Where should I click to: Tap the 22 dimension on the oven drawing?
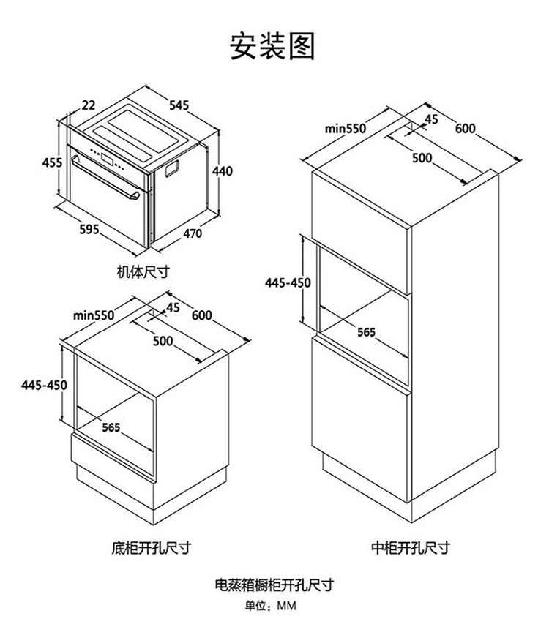pyautogui.click(x=88, y=105)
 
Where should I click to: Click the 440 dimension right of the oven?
pyautogui.click(x=222, y=171)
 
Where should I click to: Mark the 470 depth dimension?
pyautogui.click(x=192, y=234)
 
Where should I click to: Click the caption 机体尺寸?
pyautogui.click(x=143, y=271)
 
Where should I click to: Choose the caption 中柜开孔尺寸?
pyautogui.click(x=410, y=547)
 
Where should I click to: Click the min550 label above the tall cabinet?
pyautogui.click(x=345, y=129)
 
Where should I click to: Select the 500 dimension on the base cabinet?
pyautogui.click(x=163, y=341)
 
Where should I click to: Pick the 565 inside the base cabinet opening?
pyautogui.click(x=111, y=427)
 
